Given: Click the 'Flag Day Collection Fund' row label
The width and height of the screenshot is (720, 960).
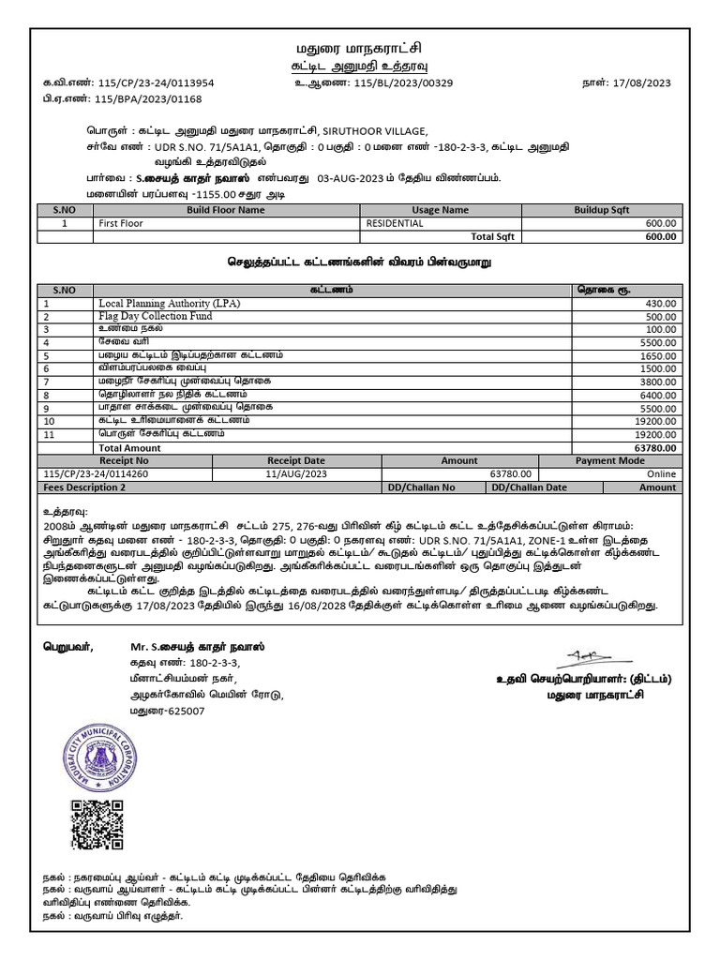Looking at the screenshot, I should coord(156,317).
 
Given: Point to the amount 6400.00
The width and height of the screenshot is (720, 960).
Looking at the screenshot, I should coord(657,397).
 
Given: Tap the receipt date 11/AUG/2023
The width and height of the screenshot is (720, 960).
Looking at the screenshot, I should coord(295,474).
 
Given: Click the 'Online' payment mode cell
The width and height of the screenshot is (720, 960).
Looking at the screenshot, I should coord(660,474).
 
